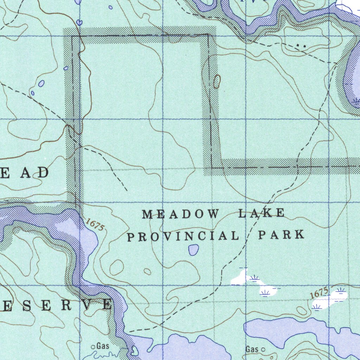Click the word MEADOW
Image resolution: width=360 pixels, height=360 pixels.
(181, 214)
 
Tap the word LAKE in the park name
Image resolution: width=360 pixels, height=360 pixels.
(262, 213)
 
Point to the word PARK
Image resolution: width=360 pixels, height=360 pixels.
(281, 234)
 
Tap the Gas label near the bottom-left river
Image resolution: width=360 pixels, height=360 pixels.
(103, 346)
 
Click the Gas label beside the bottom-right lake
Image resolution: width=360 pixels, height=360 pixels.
(252, 349)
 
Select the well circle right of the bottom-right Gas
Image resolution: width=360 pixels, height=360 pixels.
(263, 349)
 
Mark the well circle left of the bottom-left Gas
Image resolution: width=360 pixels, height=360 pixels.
(94, 347)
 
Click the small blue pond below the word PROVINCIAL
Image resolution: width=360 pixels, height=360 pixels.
(193, 250)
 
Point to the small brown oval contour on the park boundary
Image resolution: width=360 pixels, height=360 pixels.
(217, 81)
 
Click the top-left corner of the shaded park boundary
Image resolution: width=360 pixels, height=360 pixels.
(72, 36)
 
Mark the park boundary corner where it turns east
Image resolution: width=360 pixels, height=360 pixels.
(212, 167)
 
